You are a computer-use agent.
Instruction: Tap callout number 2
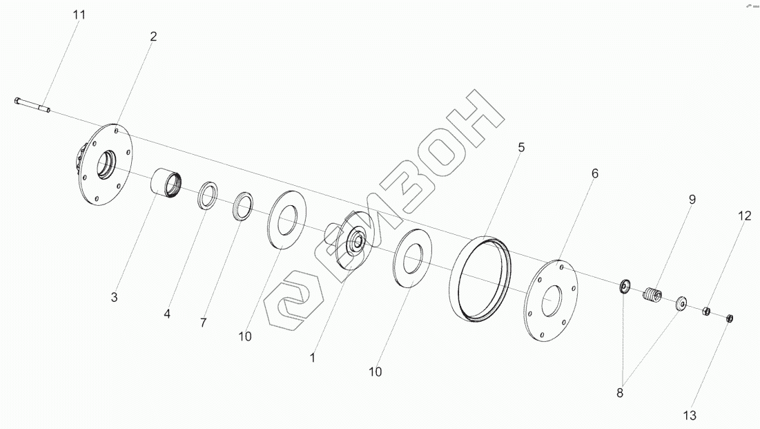pyautogui.click(x=153, y=37)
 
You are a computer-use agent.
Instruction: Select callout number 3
pyautogui.click(x=115, y=298)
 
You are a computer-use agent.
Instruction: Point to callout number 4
pyautogui.click(x=167, y=314)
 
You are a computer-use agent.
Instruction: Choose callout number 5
pyautogui.click(x=521, y=147)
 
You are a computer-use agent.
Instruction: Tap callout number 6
pyautogui.click(x=594, y=173)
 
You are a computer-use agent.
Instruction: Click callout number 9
pyautogui.click(x=691, y=199)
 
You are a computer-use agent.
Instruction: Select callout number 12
pyautogui.click(x=743, y=216)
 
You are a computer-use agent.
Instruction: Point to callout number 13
pyautogui.click(x=690, y=416)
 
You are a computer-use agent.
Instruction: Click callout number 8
pyautogui.click(x=620, y=393)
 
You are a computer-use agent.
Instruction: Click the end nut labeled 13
pyautogui.click(x=730, y=318)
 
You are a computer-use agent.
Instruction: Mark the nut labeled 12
pyautogui.click(x=707, y=312)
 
